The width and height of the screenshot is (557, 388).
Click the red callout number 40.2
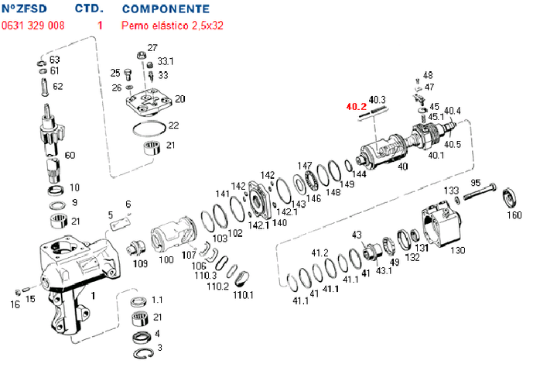click(356, 107)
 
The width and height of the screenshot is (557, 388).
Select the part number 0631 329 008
click(33, 26)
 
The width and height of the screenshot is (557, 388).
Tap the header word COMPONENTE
click(166, 9)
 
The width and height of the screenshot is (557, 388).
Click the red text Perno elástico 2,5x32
click(173, 26)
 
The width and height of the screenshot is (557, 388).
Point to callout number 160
click(514, 215)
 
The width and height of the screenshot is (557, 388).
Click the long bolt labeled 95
click(480, 191)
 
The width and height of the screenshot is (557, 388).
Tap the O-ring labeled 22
click(149, 129)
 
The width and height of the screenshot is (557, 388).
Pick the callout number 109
click(140, 263)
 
